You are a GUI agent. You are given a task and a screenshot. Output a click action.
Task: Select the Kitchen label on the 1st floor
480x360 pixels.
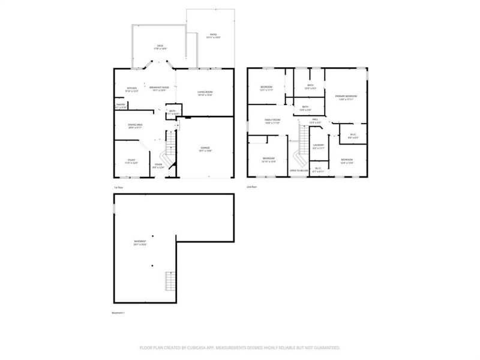pyautogui.click(x=132, y=89)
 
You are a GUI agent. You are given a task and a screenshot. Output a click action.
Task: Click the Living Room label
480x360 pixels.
pyautogui.click(x=205, y=92)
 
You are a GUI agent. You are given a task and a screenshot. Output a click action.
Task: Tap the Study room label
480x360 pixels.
pyautogui.click(x=130, y=161)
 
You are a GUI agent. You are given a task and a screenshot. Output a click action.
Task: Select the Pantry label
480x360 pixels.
pyautogui.click(x=121, y=106)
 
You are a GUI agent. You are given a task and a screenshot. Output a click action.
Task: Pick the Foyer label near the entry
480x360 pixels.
pyautogui.click(x=158, y=166)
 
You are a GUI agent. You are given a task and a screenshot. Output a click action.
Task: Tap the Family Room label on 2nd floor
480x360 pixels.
pyautogui.click(x=272, y=121)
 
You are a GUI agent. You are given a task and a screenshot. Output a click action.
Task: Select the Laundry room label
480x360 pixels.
pyautogui.click(x=318, y=146)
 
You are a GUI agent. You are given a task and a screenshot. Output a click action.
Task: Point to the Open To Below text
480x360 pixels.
pyautogui.click(x=299, y=170)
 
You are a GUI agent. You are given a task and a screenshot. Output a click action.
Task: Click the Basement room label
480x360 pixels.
pyautogui.click(x=140, y=243)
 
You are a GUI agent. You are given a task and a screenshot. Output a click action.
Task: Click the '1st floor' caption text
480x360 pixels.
pyautogui.click(x=118, y=187)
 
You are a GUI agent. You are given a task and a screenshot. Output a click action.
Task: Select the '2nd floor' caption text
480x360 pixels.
pyautogui.click(x=251, y=187)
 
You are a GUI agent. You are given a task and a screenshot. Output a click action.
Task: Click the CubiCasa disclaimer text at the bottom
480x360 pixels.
pyautogui.click(x=240, y=347)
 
